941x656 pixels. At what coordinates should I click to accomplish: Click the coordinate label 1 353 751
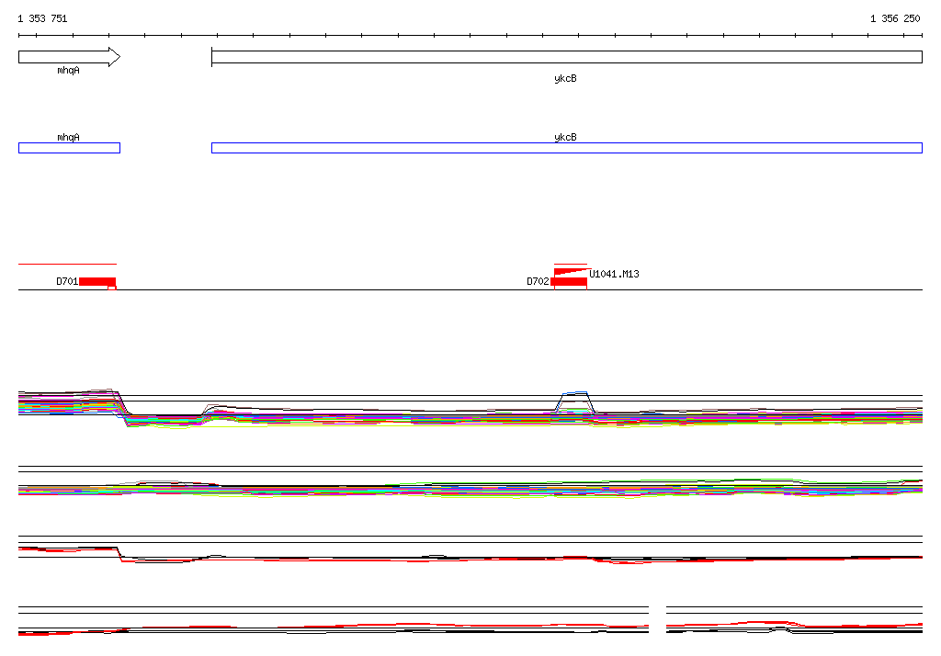click(42, 18)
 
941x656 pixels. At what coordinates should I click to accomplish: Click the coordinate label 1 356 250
click(895, 18)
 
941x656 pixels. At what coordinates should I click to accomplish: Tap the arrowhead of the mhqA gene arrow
click(115, 57)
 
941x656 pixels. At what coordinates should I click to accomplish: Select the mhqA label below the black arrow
click(68, 70)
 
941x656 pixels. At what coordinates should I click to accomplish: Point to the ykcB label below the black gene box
click(565, 78)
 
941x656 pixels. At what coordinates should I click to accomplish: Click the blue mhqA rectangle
click(70, 148)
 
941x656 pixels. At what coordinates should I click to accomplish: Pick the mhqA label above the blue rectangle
click(68, 137)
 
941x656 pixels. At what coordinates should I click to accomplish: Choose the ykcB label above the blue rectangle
click(565, 137)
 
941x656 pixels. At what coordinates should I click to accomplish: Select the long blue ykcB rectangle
click(566, 148)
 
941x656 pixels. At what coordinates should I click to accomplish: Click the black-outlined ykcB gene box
click(566, 57)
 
